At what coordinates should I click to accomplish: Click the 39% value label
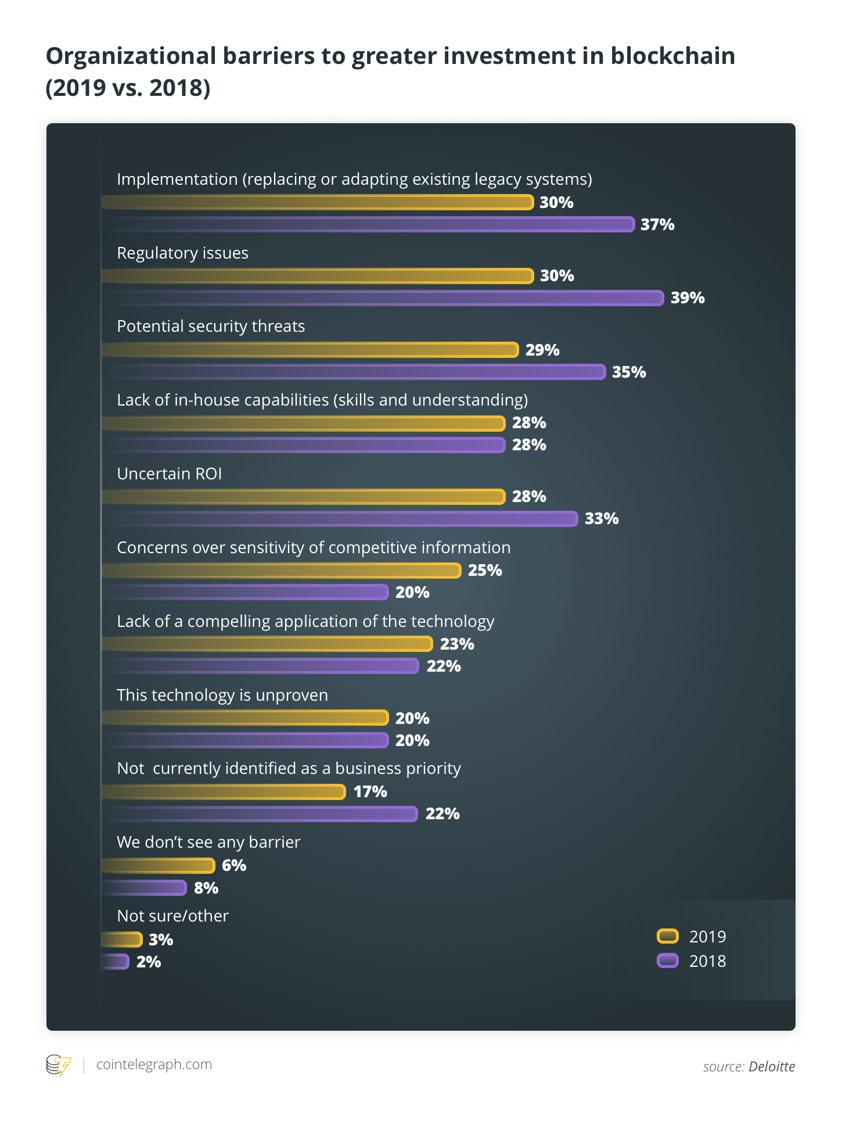[x=688, y=298]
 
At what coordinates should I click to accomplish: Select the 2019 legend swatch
[x=668, y=936]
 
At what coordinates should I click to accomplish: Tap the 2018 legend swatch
[x=668, y=960]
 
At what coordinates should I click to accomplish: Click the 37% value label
[x=657, y=225]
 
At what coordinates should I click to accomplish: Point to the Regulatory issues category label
[x=182, y=253]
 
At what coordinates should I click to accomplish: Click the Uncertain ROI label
[x=170, y=474]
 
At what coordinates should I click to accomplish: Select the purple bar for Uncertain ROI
[x=340, y=519]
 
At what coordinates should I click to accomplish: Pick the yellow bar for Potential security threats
[x=310, y=350]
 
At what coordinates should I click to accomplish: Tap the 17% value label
[x=370, y=792]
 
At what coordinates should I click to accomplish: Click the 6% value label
[x=234, y=866]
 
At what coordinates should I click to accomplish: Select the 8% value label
[x=206, y=888]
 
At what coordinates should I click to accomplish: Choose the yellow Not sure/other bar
[x=122, y=940]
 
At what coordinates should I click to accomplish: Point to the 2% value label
[x=149, y=962]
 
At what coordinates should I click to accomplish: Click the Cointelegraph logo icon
[x=59, y=1065]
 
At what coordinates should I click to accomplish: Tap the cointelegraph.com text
[x=154, y=1064]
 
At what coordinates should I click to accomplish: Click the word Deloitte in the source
[x=771, y=1067]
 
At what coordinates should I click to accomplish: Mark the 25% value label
[x=485, y=571]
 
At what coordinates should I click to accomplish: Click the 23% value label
[x=457, y=644]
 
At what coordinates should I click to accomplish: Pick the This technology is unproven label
[x=222, y=695]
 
